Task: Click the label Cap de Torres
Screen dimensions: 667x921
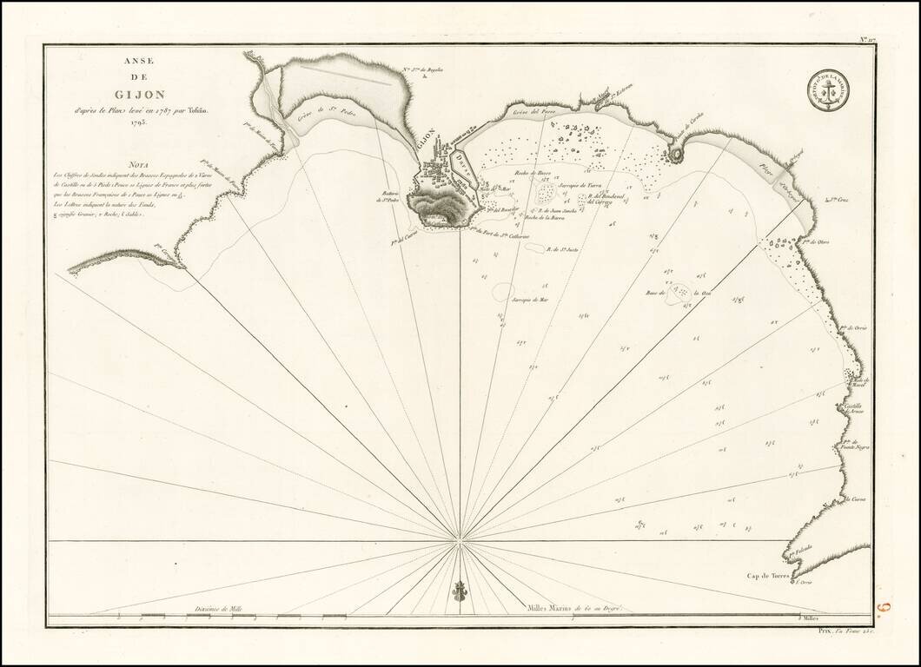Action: pos(770,576)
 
